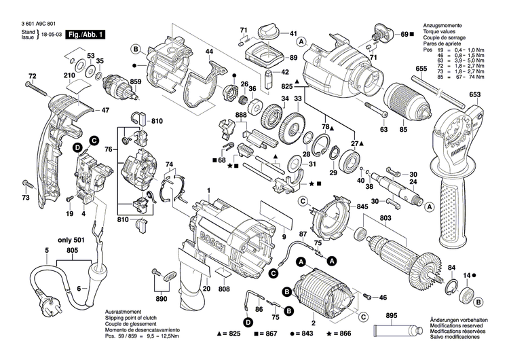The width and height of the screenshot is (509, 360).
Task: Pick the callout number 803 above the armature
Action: (386, 218)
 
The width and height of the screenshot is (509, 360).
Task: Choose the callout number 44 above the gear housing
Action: (209, 52)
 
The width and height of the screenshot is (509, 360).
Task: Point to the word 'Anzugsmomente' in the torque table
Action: (442, 22)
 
